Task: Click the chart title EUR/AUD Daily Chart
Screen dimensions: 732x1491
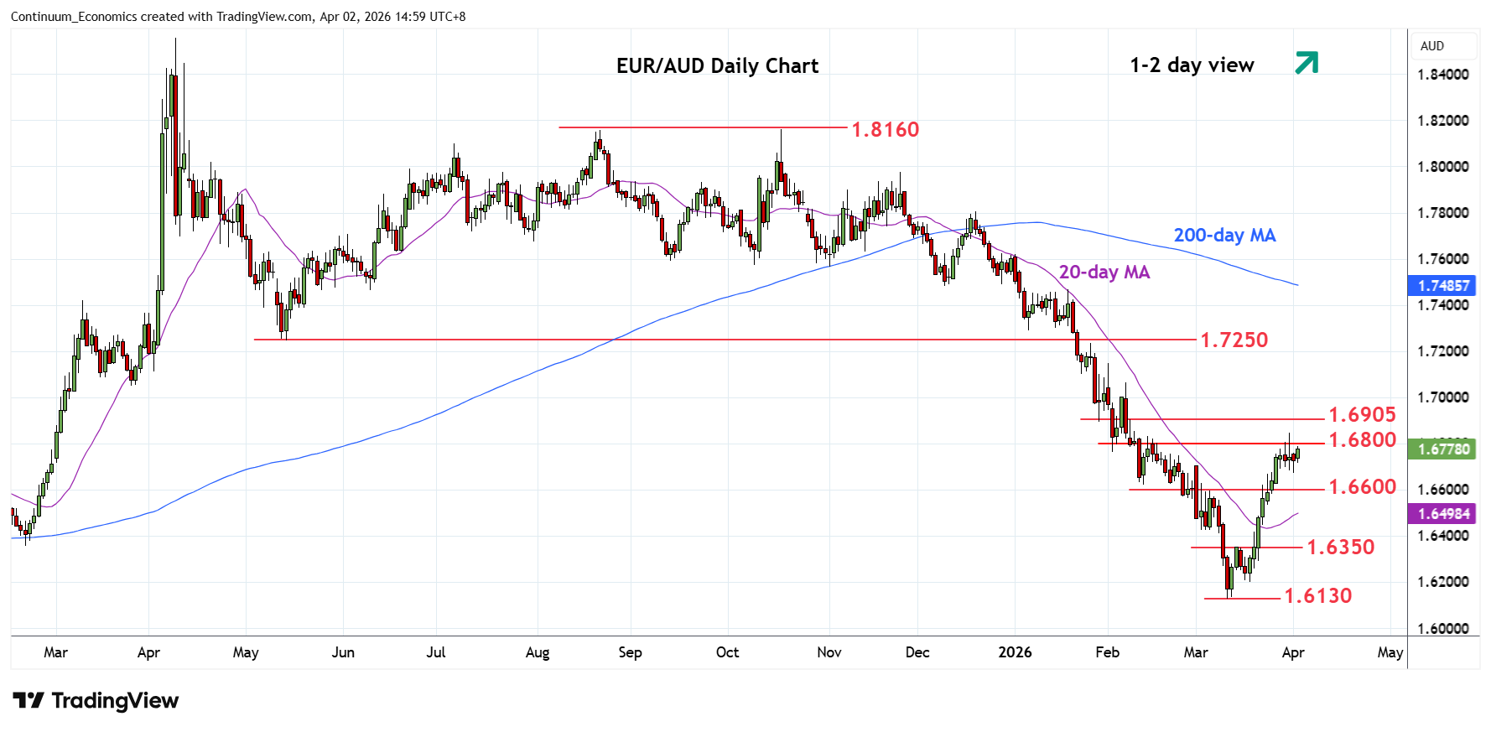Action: [x=717, y=66]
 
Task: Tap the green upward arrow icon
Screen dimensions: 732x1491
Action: [x=1307, y=63]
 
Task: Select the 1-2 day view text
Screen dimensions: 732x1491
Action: [x=1192, y=65]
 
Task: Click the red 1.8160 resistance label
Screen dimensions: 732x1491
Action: [x=885, y=130]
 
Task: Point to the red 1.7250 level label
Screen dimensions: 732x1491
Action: [x=1234, y=340]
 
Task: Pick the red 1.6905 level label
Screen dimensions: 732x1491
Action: [x=1362, y=415]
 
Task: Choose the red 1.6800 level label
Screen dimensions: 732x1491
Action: [x=1362, y=440]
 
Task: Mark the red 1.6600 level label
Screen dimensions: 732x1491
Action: [x=1362, y=487]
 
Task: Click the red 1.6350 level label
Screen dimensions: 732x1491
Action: [x=1340, y=548]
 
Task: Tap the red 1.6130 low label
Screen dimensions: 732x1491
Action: [x=1317, y=596]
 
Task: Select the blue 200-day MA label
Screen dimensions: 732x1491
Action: [x=1224, y=236]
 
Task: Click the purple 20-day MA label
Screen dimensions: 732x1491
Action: [x=1104, y=273]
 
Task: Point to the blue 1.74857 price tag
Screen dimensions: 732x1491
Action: [x=1443, y=286]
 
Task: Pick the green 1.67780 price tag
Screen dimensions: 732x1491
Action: [x=1443, y=449]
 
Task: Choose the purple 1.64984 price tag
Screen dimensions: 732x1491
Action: [x=1443, y=514]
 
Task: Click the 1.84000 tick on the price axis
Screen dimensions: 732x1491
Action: [x=1442, y=75]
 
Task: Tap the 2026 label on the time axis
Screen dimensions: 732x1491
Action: [x=1015, y=652]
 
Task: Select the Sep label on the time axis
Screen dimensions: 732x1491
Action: [x=630, y=652]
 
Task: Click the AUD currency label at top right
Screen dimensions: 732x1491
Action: [x=1431, y=46]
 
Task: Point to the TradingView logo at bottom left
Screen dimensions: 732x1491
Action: [x=96, y=701]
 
